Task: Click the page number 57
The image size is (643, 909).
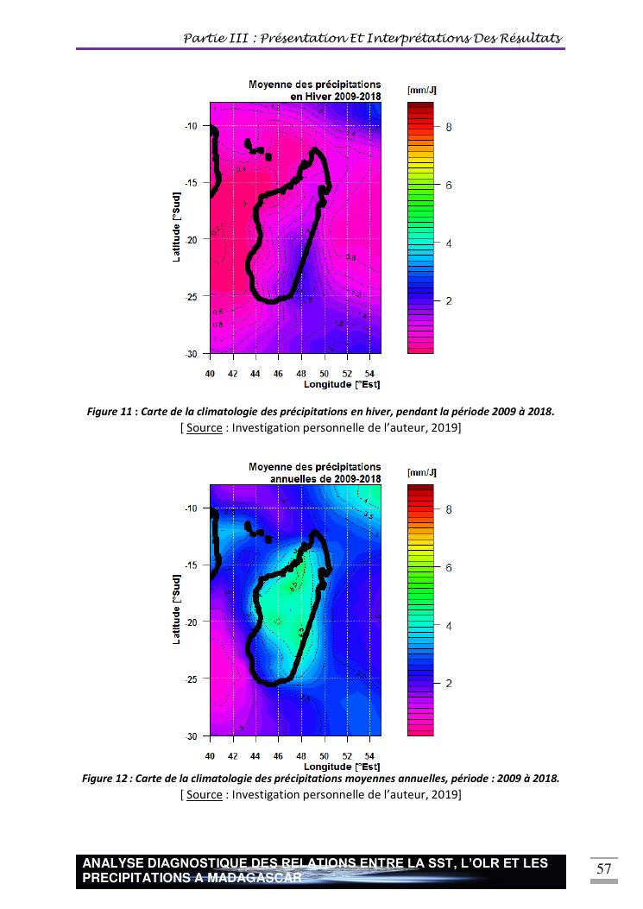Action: tap(603, 868)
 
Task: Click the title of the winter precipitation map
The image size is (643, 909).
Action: tap(314, 90)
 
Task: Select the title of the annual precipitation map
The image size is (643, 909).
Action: tap(314, 472)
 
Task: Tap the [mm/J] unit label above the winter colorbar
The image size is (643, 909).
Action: tap(421, 90)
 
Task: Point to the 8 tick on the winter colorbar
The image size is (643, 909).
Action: tap(448, 127)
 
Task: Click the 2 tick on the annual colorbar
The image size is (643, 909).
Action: tap(448, 683)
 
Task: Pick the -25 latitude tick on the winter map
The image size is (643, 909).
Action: tap(192, 296)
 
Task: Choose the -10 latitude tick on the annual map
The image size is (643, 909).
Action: tap(192, 508)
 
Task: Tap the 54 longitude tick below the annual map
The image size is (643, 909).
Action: tap(369, 756)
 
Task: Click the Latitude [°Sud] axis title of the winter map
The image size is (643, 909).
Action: tap(177, 228)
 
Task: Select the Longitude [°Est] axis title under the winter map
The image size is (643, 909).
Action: tap(342, 384)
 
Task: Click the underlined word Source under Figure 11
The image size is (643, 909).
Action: tap(204, 428)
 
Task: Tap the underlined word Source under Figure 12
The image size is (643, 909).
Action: tap(204, 794)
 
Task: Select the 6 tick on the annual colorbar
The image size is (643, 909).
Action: tap(448, 567)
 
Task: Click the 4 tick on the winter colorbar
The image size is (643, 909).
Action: tap(448, 243)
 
